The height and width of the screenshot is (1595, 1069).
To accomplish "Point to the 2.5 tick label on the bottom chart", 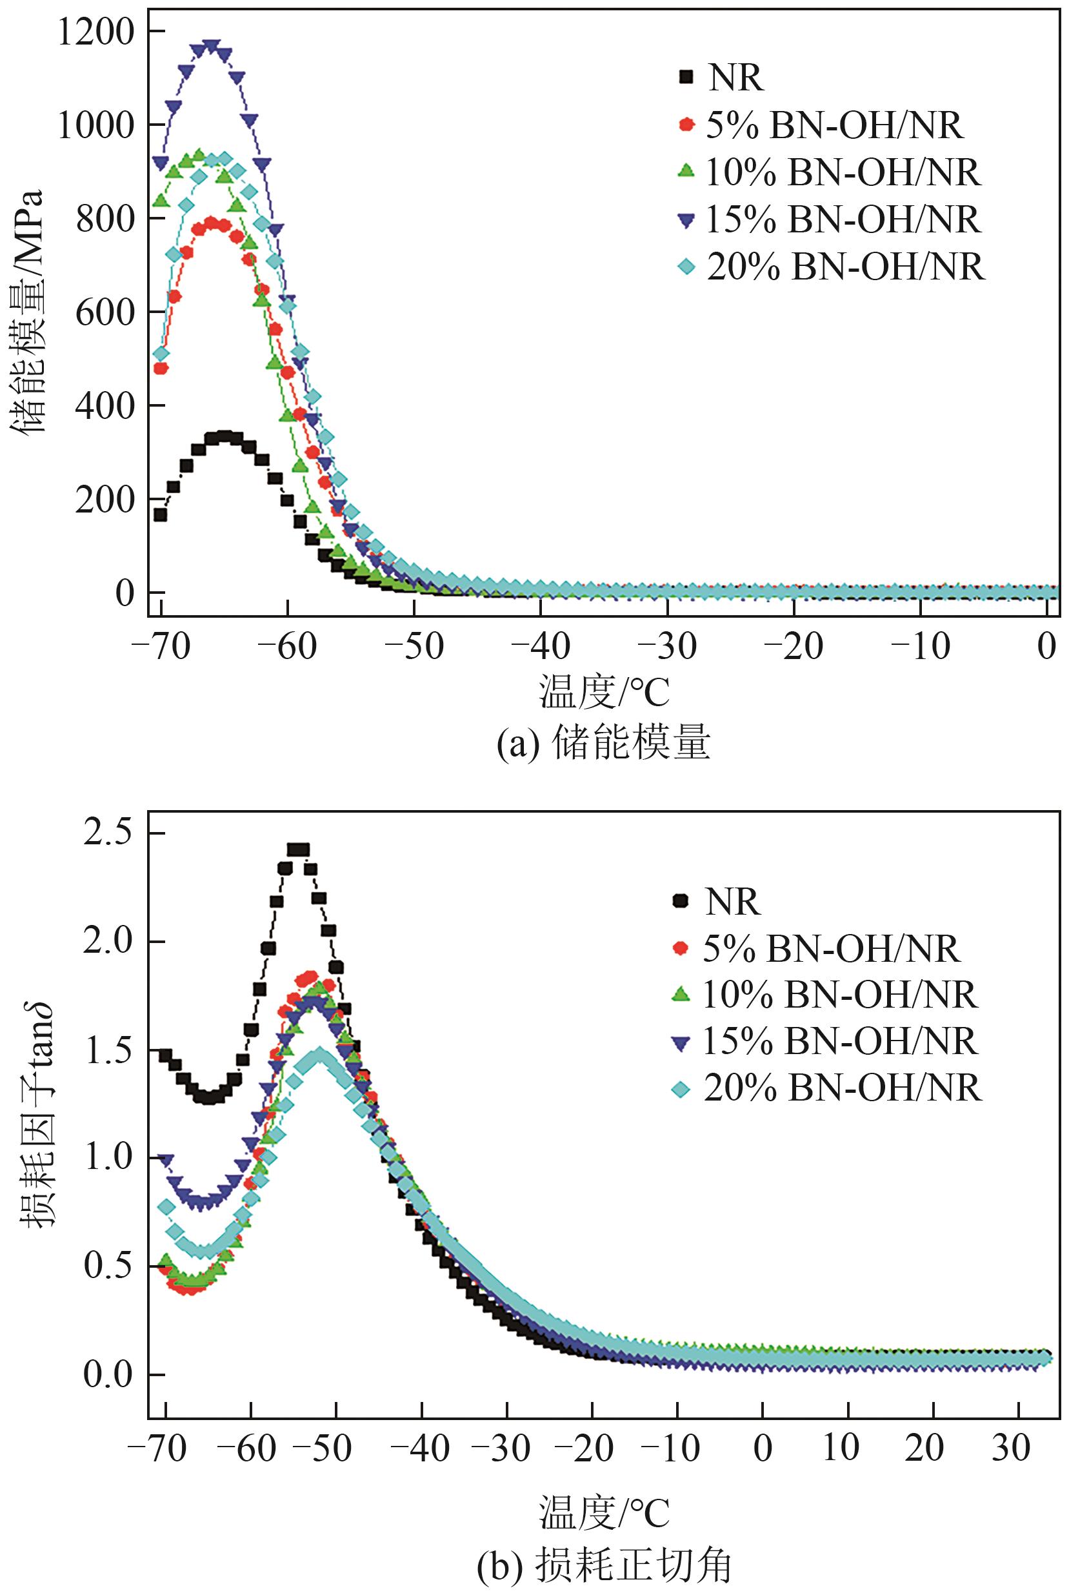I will (107, 833).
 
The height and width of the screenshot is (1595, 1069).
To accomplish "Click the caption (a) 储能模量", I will (603, 742).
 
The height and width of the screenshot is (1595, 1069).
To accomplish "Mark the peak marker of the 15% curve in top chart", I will (212, 47).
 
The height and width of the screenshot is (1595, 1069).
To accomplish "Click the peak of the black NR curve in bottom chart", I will (298, 849).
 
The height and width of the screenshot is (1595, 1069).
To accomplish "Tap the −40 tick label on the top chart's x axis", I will (541, 645).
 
